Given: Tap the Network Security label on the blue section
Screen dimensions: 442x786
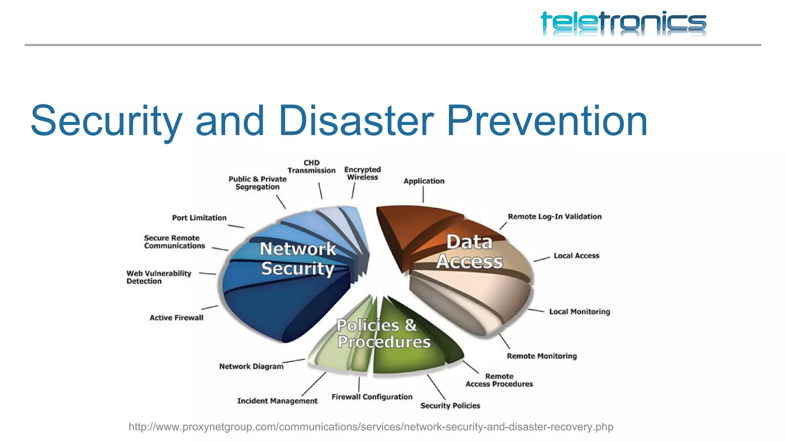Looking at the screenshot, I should click(298, 259).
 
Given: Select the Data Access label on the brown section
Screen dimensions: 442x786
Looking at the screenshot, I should click(469, 252).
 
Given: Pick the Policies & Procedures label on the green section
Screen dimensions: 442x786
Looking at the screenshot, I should click(383, 333).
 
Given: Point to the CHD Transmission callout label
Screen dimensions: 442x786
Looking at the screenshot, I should click(311, 167).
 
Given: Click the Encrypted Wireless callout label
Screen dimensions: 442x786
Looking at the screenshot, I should click(362, 173).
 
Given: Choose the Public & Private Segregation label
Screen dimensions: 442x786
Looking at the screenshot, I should click(258, 183).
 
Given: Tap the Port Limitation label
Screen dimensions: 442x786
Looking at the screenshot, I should click(199, 218).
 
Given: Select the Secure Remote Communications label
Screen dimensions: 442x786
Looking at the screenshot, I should click(174, 242).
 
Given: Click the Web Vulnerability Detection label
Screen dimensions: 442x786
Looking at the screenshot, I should click(159, 277).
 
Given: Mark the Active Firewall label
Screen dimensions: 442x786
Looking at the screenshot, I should click(177, 318).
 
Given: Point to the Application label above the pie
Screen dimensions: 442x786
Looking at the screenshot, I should click(424, 181).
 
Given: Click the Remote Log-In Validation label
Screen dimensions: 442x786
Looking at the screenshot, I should click(555, 217).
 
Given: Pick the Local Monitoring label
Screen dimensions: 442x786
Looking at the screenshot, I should click(579, 312).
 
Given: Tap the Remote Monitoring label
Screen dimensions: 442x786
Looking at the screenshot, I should click(542, 356).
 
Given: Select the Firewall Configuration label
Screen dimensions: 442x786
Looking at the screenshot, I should click(372, 397).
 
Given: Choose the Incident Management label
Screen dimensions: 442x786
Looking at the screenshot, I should click(277, 401).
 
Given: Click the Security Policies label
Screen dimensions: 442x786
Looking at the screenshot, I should click(450, 406).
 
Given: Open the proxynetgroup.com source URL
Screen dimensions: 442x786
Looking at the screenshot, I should click(371, 427).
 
